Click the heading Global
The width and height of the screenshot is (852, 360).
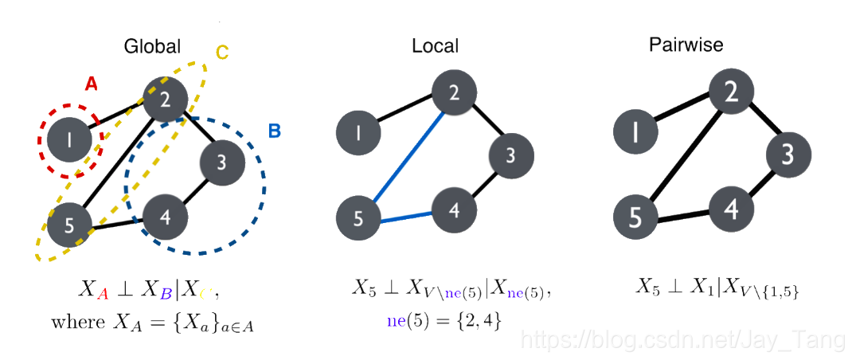pos(152,47)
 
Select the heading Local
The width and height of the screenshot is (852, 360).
pos(435,46)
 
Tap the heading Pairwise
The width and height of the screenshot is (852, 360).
pos(686,45)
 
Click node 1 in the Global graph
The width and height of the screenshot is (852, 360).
pos(70,141)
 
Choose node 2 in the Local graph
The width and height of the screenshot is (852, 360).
pos(453,92)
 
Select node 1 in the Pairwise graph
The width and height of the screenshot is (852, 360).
pos(635,132)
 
